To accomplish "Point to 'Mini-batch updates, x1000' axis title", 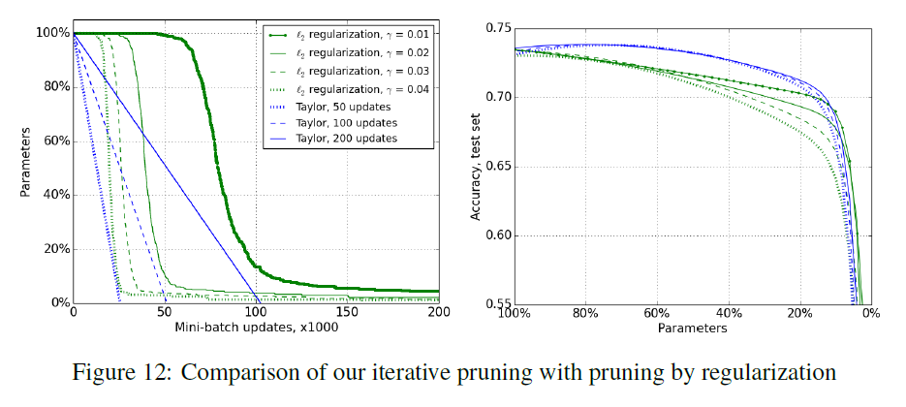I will pos(256,328).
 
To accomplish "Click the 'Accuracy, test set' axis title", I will pos(476,167).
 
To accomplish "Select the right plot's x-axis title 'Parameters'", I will pos(692,328).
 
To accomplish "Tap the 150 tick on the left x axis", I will pos(347,313).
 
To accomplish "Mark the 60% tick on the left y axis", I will pos(52,141).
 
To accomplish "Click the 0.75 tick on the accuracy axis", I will pos(495,29).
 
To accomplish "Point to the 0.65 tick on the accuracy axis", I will pos(495,167).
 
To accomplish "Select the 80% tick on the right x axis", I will pos(584,313).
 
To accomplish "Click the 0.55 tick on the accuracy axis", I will pos(495,303).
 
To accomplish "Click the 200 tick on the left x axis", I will pos(438,313).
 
